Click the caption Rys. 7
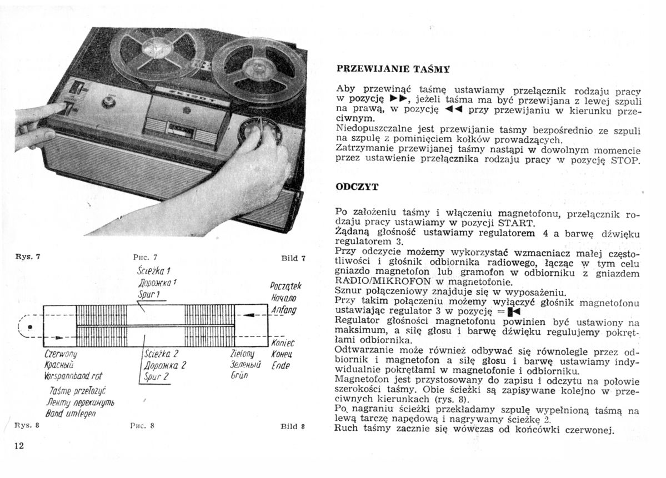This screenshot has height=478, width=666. (27, 257)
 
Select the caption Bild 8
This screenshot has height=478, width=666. (292, 427)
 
